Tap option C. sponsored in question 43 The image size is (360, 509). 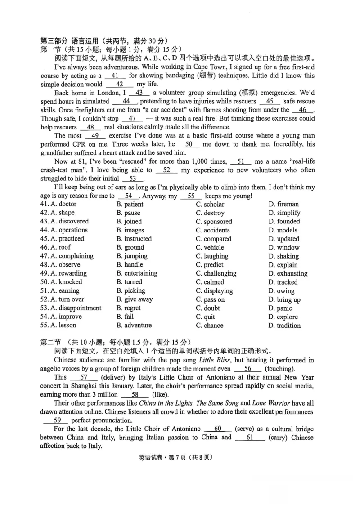click(x=214, y=221)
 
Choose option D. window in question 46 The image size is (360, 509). click(x=284, y=247)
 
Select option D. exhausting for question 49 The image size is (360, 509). click(x=288, y=273)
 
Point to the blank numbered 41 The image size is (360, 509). click(x=114, y=76)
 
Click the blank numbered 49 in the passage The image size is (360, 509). click(x=94, y=136)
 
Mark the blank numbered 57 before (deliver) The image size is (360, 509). click(x=84, y=377)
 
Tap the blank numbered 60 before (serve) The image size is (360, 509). click(x=217, y=429)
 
